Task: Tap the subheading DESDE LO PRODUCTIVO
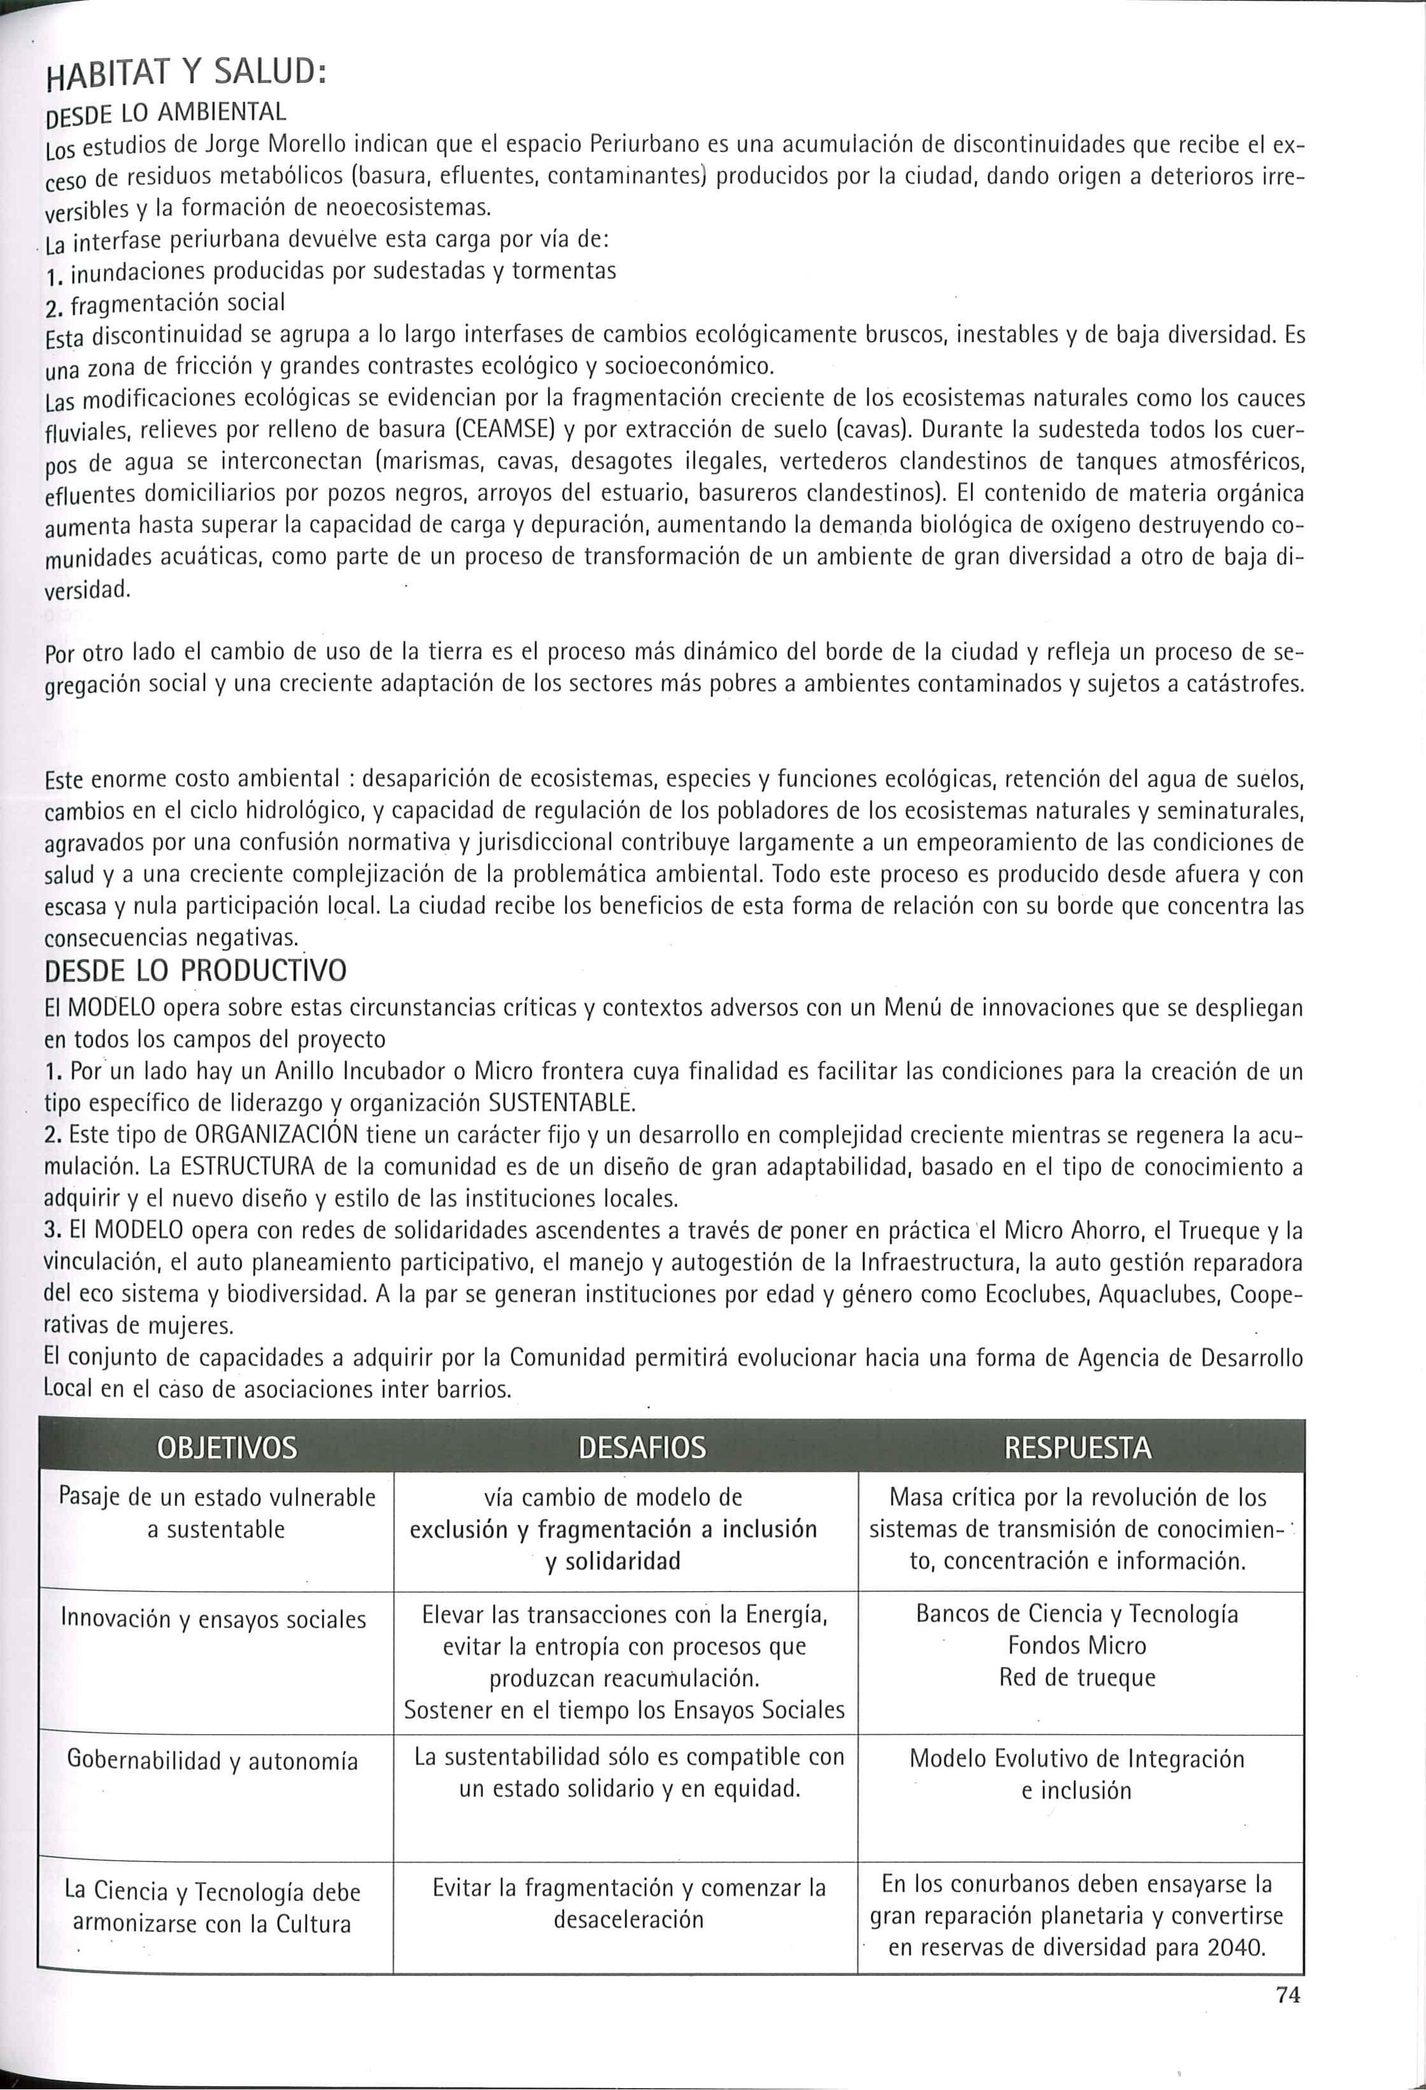tap(195, 972)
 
